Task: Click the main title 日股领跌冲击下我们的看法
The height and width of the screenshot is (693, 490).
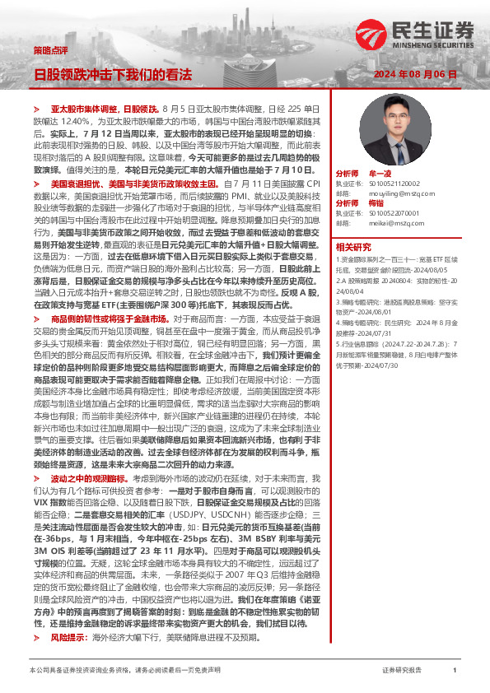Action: pos(113,74)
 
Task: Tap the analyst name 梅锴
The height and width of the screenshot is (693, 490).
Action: pos(376,203)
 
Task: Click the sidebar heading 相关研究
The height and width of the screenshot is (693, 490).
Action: pos(353,245)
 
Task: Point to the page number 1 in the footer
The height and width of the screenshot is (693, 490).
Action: pos(455,671)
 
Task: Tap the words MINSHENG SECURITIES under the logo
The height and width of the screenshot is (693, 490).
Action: pos(433,47)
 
